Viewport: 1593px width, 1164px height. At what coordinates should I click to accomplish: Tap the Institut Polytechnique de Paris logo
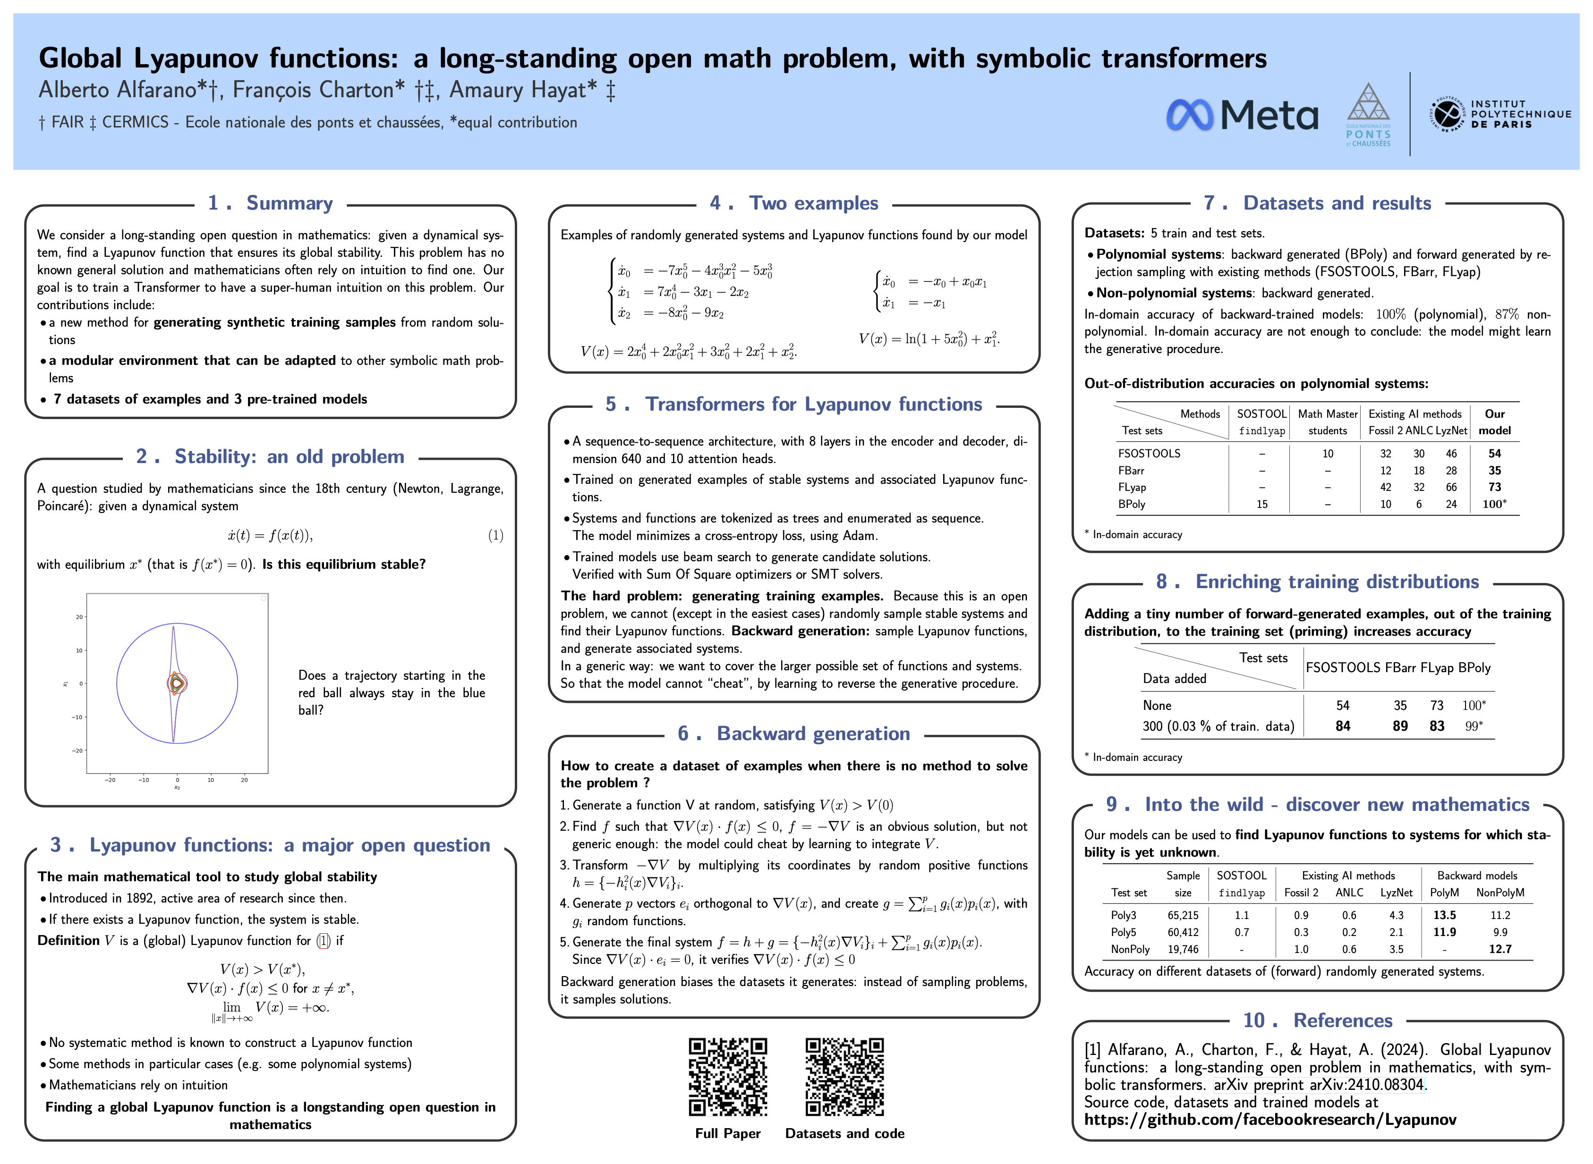(x=1500, y=115)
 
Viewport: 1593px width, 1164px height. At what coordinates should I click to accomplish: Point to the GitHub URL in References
(x=1269, y=1120)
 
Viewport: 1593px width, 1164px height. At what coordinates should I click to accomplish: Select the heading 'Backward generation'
(x=813, y=734)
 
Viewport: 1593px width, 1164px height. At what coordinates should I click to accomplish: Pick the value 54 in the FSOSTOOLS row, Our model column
(x=1494, y=454)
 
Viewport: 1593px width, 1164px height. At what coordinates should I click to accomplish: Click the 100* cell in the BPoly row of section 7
(x=1494, y=505)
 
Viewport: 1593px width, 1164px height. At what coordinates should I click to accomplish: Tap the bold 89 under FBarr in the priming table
(x=1400, y=726)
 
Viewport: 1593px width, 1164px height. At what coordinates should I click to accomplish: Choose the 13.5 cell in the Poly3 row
(x=1444, y=915)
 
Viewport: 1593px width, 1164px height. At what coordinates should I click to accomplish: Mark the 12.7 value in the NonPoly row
(x=1500, y=949)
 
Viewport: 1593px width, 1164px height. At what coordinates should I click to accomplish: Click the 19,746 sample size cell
(x=1183, y=949)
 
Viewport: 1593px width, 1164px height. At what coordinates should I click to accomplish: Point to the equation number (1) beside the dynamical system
(x=495, y=535)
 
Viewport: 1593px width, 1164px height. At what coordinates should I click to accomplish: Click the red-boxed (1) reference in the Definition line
(x=324, y=941)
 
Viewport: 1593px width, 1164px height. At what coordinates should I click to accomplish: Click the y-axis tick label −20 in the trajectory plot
(x=77, y=751)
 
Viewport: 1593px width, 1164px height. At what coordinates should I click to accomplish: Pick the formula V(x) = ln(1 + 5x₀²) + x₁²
(x=929, y=339)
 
